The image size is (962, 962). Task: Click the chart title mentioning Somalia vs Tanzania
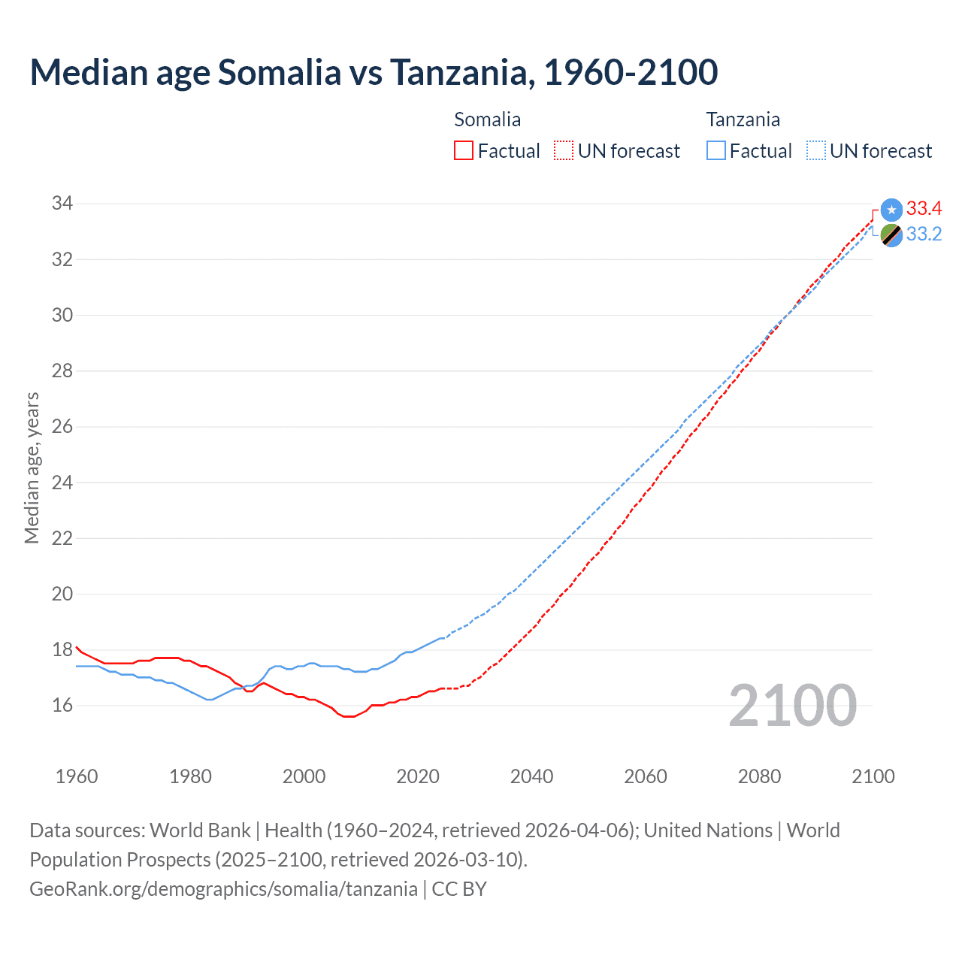point(374,72)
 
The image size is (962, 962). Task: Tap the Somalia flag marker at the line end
point(891,210)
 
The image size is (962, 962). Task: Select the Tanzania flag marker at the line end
point(891,235)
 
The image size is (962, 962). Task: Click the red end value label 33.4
point(924,209)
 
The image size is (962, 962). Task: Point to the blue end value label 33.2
point(924,234)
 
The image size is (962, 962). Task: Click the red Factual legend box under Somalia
point(464,151)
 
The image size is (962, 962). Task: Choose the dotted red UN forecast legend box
point(564,151)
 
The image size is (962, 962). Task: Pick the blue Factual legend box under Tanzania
point(716,151)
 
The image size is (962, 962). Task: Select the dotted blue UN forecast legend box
point(815,151)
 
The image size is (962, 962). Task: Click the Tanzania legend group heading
point(743,119)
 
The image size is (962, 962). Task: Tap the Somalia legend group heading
point(487,119)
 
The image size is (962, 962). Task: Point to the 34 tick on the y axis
point(62,204)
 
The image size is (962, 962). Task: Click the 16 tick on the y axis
point(62,706)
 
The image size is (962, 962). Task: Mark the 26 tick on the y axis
point(62,427)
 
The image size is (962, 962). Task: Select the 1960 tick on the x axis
point(77,776)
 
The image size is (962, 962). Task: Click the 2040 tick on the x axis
point(531,776)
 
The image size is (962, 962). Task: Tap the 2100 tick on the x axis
point(873,776)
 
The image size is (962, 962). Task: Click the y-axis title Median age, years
point(32,467)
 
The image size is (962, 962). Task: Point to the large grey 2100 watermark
point(792,706)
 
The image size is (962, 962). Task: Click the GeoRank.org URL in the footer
point(223,889)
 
